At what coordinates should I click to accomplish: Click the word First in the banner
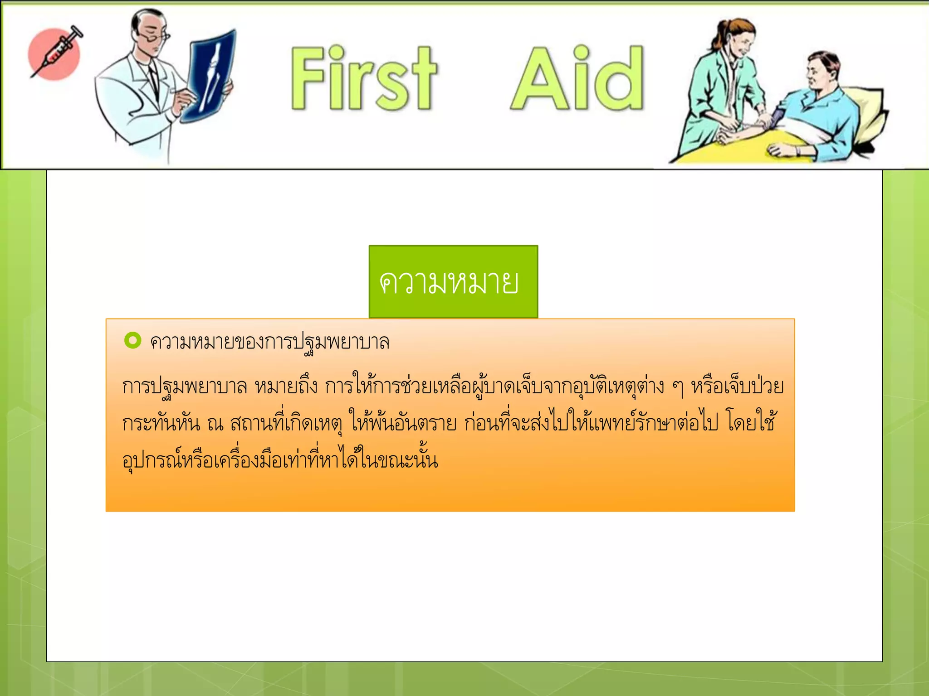point(363,78)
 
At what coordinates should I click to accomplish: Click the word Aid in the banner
point(577,78)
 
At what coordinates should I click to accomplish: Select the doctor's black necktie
point(153,77)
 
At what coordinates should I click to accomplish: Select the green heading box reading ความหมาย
point(453,281)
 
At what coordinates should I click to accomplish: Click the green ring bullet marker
point(132,340)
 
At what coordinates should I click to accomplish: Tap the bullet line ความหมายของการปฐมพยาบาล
point(269,342)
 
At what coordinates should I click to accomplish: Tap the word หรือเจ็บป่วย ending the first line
point(737,387)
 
